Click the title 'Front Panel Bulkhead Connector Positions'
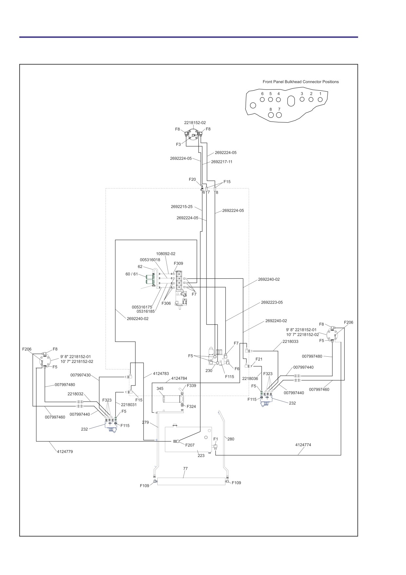(300, 82)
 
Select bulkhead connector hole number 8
(271, 115)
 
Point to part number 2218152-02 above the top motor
(195, 123)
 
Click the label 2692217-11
(222, 162)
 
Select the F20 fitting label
(192, 179)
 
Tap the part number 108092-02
(166, 254)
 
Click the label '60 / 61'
(132, 274)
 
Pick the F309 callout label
(178, 263)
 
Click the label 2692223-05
(272, 302)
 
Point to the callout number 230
(209, 370)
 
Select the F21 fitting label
(259, 359)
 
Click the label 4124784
(179, 378)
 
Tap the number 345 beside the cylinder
(160, 388)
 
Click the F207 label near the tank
(190, 445)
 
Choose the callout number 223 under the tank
(201, 455)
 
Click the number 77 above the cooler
(185, 468)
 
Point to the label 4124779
(65, 451)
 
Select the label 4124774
(303, 445)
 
